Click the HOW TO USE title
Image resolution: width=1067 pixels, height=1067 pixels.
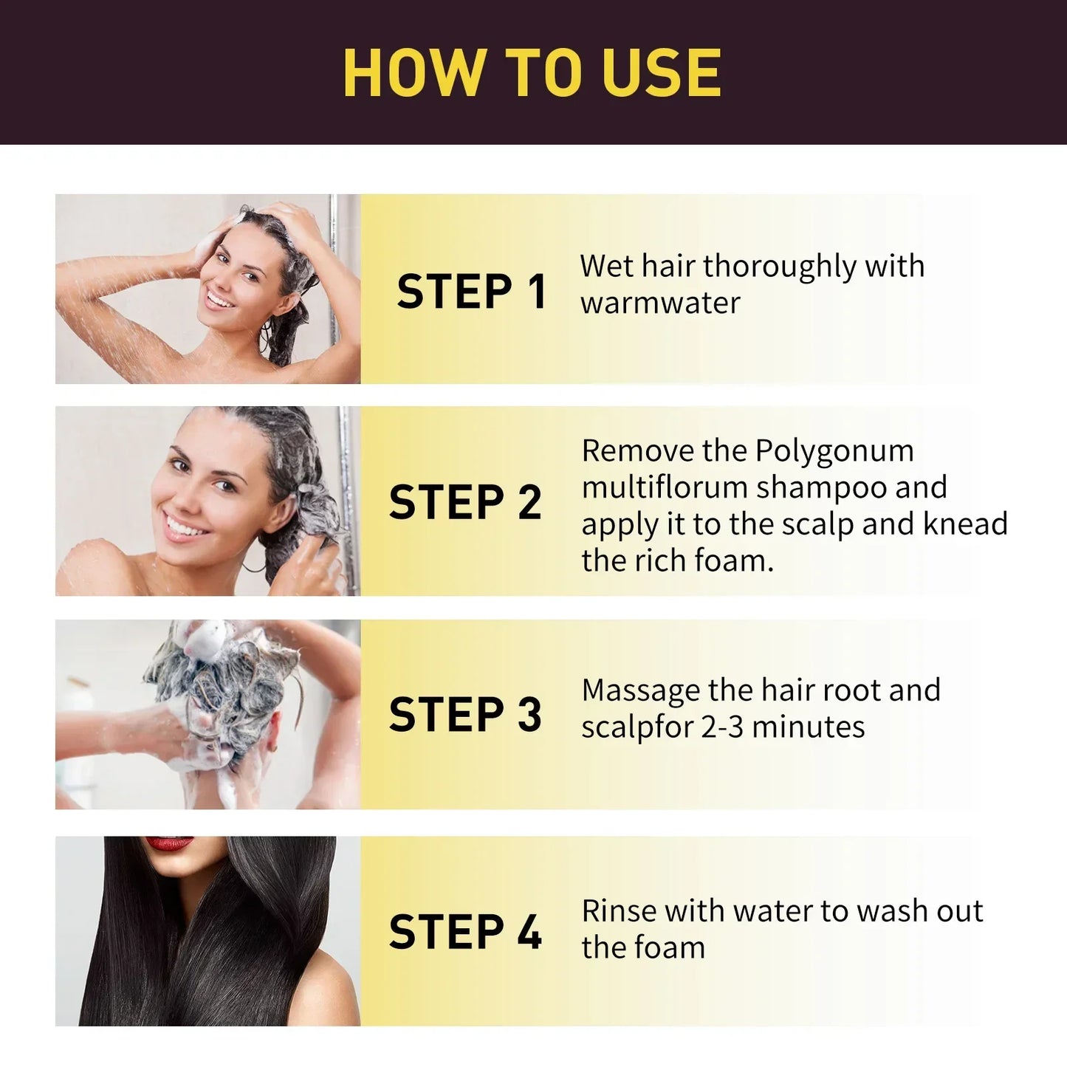click(x=532, y=72)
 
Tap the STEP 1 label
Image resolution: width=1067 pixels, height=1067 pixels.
click(x=471, y=291)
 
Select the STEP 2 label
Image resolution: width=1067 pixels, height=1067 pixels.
click(x=465, y=503)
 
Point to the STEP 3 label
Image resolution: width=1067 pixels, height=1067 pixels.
click(x=465, y=714)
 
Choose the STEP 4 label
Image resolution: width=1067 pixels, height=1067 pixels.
click(x=465, y=931)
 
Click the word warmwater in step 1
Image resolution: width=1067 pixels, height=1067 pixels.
click(x=659, y=303)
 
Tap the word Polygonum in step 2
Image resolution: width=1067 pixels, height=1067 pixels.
click(x=834, y=450)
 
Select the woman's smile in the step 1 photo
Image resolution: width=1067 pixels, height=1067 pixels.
click(x=219, y=300)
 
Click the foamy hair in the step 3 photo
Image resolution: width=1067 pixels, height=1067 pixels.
click(x=222, y=679)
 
